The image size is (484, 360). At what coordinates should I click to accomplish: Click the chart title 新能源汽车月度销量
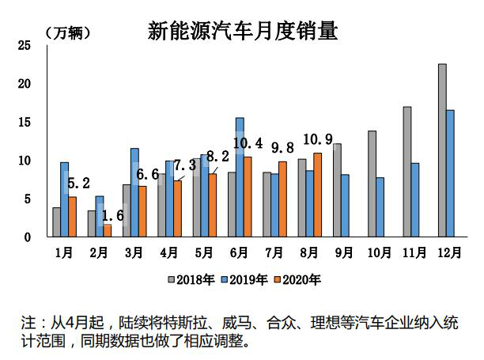pos(243,31)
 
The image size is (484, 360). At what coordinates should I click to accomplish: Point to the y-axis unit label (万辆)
pos(66,32)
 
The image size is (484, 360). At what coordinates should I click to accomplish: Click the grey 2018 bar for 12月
pos(442,150)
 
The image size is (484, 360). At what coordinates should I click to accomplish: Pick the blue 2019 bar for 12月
pos(450,173)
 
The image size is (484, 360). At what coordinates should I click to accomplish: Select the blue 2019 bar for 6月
pos(240,177)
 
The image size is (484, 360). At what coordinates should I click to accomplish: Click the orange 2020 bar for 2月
pos(108,230)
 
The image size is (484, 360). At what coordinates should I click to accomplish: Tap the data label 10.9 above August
pos(318,138)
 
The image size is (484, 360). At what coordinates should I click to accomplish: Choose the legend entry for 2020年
pos(300,279)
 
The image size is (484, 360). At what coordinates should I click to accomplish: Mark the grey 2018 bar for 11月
pos(406,172)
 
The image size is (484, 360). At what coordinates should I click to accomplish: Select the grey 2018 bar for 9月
pos(337,190)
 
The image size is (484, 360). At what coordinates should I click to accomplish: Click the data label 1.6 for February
pos(114,214)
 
